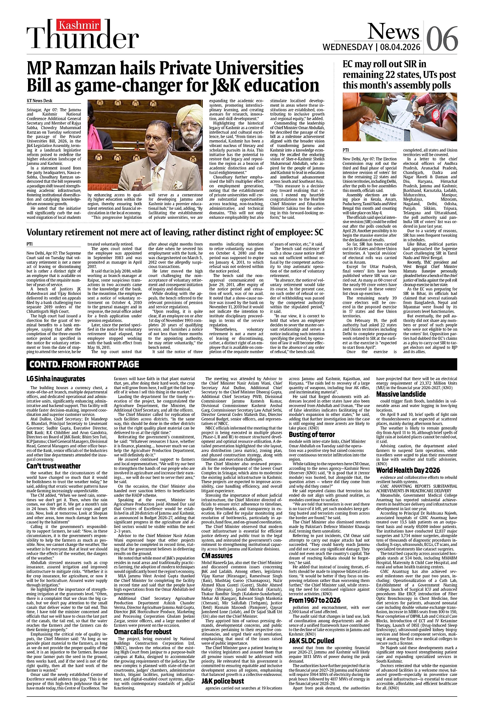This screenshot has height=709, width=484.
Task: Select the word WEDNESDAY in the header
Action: pyautogui.click(x=347, y=47)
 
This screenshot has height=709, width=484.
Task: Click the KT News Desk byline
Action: pyautogui.click(x=39, y=101)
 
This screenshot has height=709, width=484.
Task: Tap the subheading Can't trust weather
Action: pyautogui.click(x=53, y=466)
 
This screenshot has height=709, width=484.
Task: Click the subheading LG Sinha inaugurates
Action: pyautogui.click(x=56, y=379)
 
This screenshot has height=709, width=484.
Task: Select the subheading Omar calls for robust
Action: pyautogui.click(x=143, y=632)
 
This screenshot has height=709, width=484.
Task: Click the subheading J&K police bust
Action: pyautogui.click(x=222, y=681)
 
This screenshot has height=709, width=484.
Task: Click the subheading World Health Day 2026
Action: pyautogui.click(x=408, y=470)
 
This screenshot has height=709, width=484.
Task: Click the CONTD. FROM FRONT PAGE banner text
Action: pyautogui.click(x=84, y=364)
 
